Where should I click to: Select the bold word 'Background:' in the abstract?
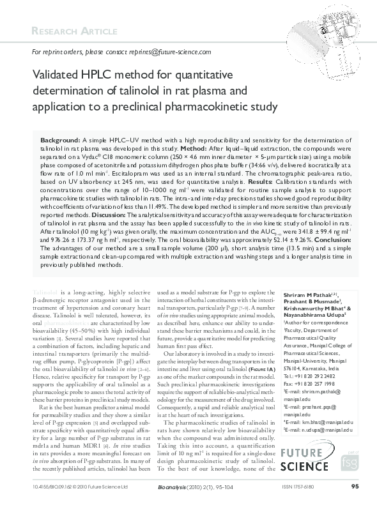coord(59,139)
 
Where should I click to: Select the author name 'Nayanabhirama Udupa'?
coord(312,315)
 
